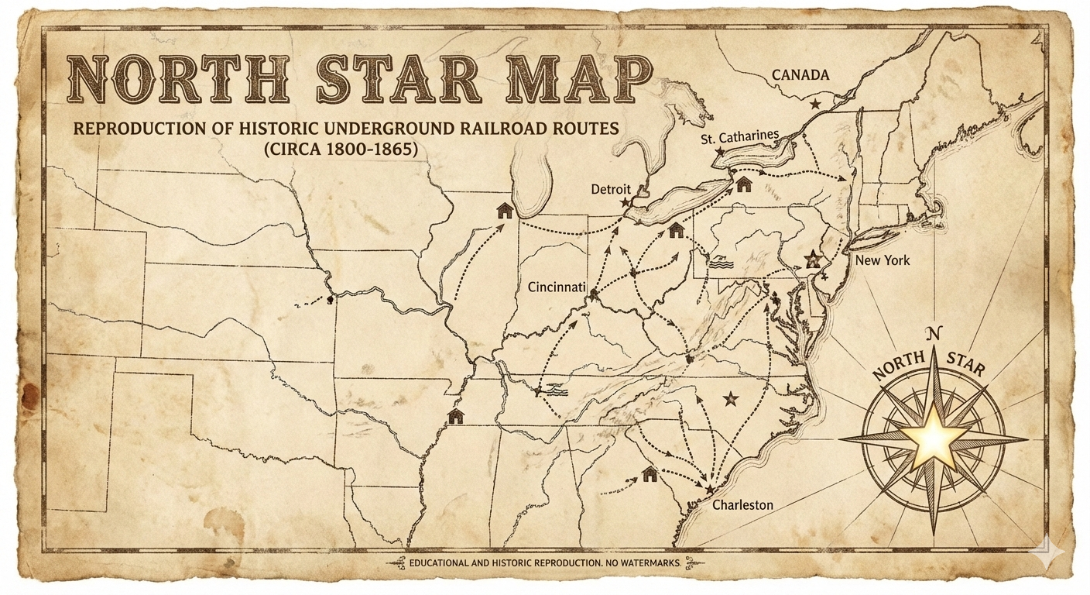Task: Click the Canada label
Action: [x=800, y=75]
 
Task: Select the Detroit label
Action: [x=611, y=189]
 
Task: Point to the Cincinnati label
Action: [x=556, y=287]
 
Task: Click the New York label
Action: [x=882, y=260]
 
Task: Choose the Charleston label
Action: [x=742, y=505]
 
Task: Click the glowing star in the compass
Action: [x=934, y=440]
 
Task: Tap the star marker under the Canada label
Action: [x=814, y=102]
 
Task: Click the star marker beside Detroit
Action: [x=625, y=201]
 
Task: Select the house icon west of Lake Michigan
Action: [x=505, y=209]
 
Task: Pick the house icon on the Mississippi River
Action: [x=455, y=417]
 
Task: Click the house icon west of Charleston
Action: [x=649, y=473]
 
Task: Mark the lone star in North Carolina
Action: [x=728, y=399]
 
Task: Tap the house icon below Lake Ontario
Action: [x=744, y=184]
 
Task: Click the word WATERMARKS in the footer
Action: [x=645, y=562]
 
